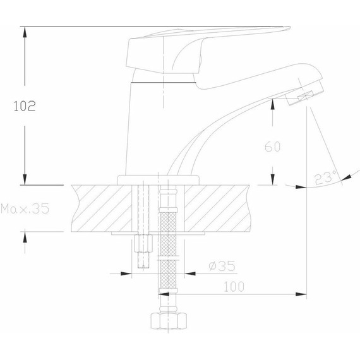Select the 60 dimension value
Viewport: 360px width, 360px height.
[272, 147]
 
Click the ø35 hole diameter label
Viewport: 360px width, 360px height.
[220, 266]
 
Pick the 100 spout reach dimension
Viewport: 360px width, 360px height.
[234, 286]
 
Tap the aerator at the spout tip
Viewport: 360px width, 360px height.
[302, 96]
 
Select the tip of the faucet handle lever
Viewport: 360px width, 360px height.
[284, 28]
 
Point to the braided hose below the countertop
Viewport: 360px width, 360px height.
[167, 253]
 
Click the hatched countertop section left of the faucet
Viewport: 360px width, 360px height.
[101, 207]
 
